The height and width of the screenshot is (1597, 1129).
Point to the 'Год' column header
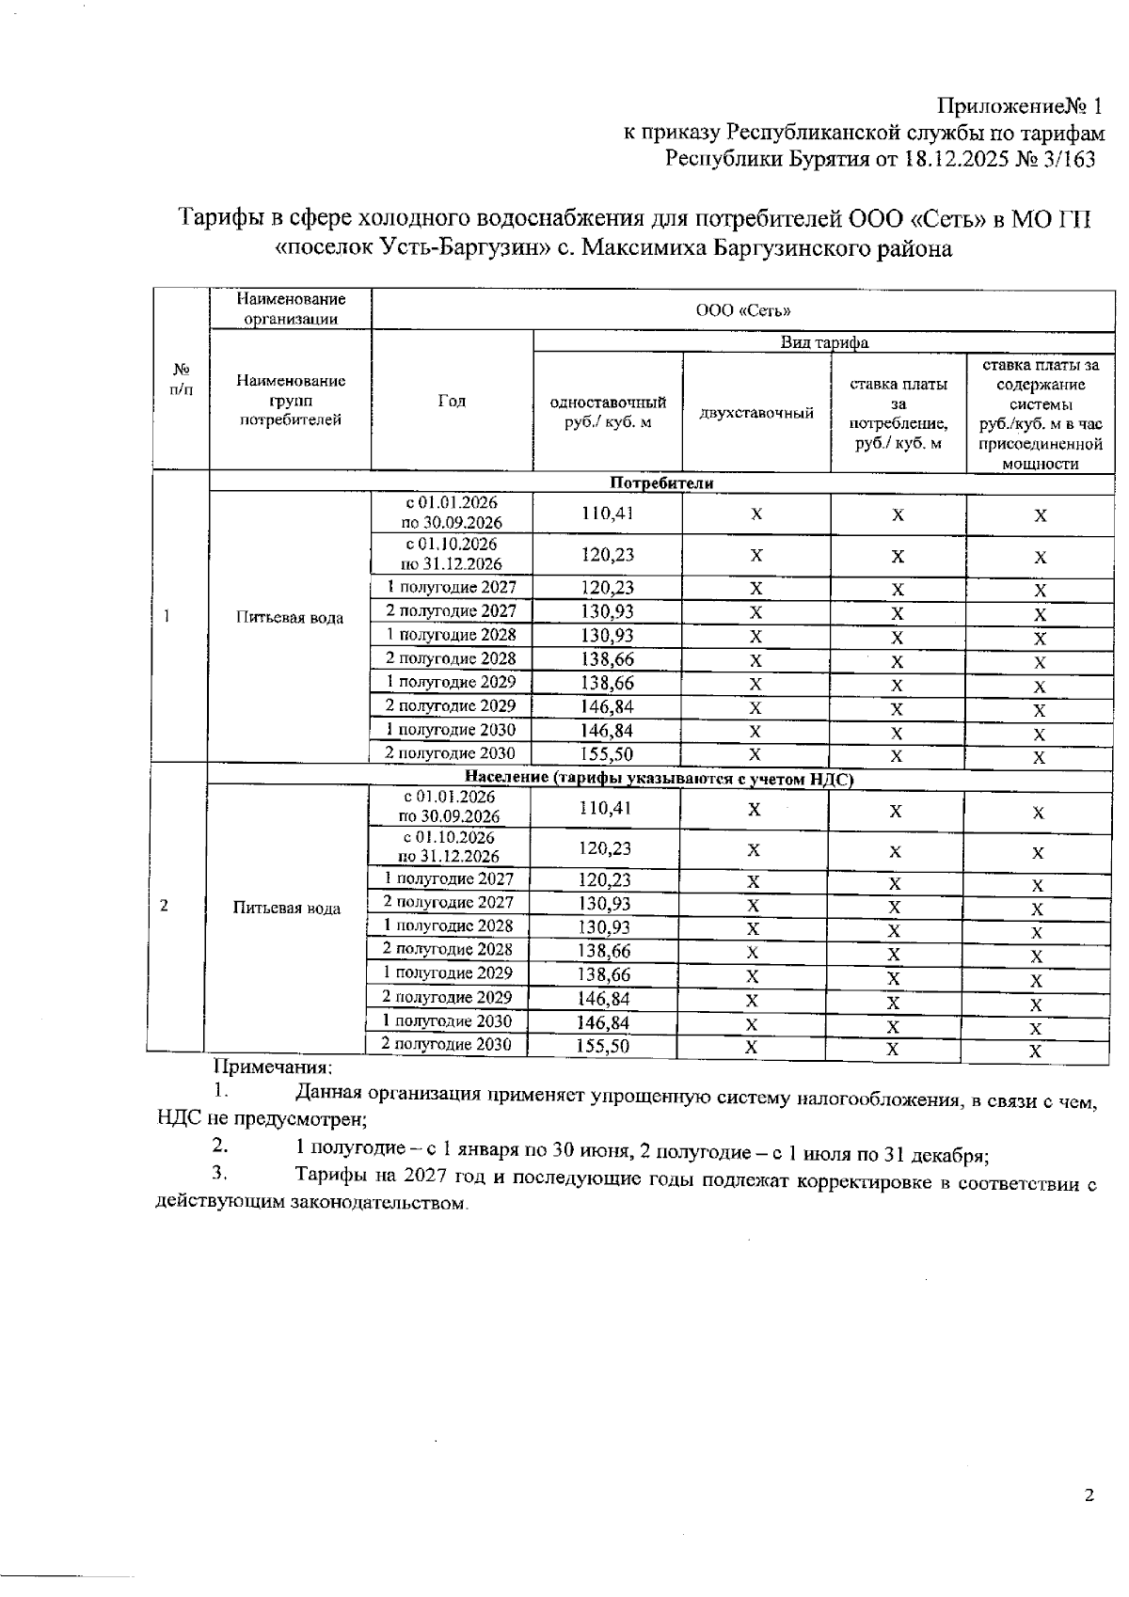[452, 402]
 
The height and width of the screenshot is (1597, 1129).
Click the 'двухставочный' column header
[755, 413]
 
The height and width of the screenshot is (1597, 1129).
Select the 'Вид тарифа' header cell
[824, 342]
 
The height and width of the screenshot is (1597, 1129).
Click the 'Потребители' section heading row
[661, 482]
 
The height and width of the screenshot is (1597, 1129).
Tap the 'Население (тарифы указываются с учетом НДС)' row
[660, 778]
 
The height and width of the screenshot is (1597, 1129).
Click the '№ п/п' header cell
[182, 379]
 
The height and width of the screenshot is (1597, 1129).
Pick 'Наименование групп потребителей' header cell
[291, 401]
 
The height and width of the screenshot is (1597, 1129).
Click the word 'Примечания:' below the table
[273, 1067]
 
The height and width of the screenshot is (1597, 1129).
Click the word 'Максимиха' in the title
[656, 249]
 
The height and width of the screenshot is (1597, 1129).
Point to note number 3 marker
[219, 1172]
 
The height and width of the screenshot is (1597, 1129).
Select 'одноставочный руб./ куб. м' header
[608, 412]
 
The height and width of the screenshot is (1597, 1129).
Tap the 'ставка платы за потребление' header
[898, 413]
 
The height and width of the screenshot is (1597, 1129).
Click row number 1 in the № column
[167, 616]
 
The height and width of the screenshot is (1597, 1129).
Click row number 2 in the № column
[165, 905]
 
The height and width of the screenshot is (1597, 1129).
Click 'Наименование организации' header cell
[291, 308]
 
